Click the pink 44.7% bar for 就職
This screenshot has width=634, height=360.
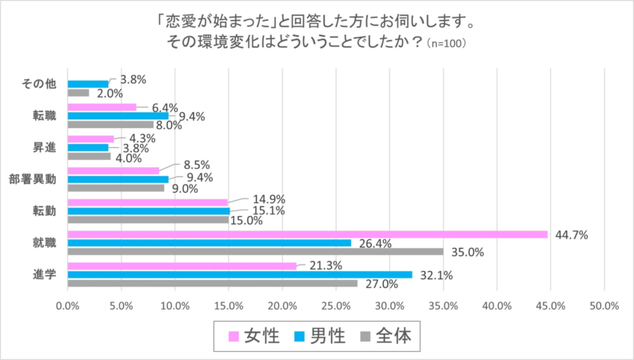[308, 234]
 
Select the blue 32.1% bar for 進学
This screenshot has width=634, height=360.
[240, 274]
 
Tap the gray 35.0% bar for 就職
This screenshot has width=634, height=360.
[256, 251]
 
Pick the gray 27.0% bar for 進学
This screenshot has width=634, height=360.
[213, 283]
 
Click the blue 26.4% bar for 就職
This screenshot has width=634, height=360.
[209, 242]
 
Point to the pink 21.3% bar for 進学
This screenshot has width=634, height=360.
[182, 266]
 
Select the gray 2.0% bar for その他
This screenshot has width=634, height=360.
[78, 92]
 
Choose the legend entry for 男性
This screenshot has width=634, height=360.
[321, 336]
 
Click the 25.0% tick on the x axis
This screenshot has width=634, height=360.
[336, 306]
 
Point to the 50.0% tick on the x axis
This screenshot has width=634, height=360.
[604, 306]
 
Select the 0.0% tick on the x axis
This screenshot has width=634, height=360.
[68, 306]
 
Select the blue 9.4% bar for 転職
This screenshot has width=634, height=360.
[118, 115]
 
